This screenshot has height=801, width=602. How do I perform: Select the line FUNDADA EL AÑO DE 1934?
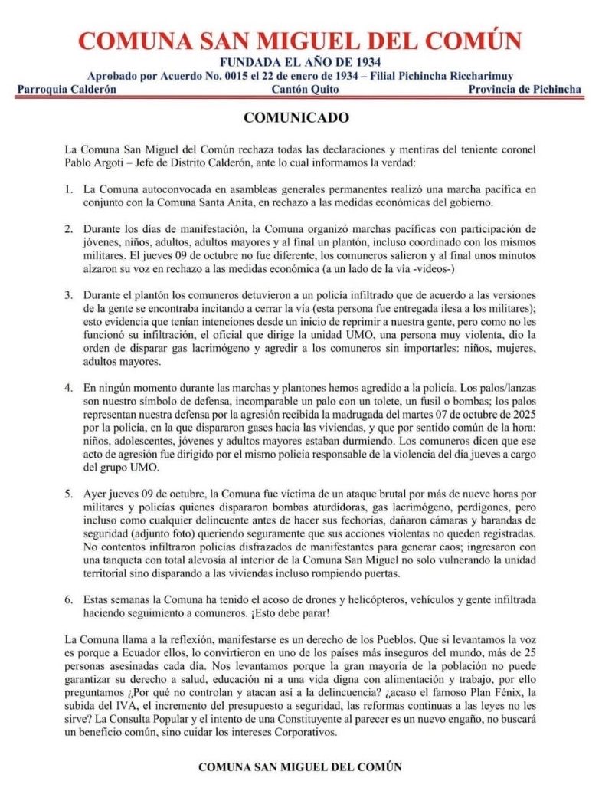pyautogui.click(x=300, y=62)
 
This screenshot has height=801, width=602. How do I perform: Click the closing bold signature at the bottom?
pyautogui.click(x=299, y=766)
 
